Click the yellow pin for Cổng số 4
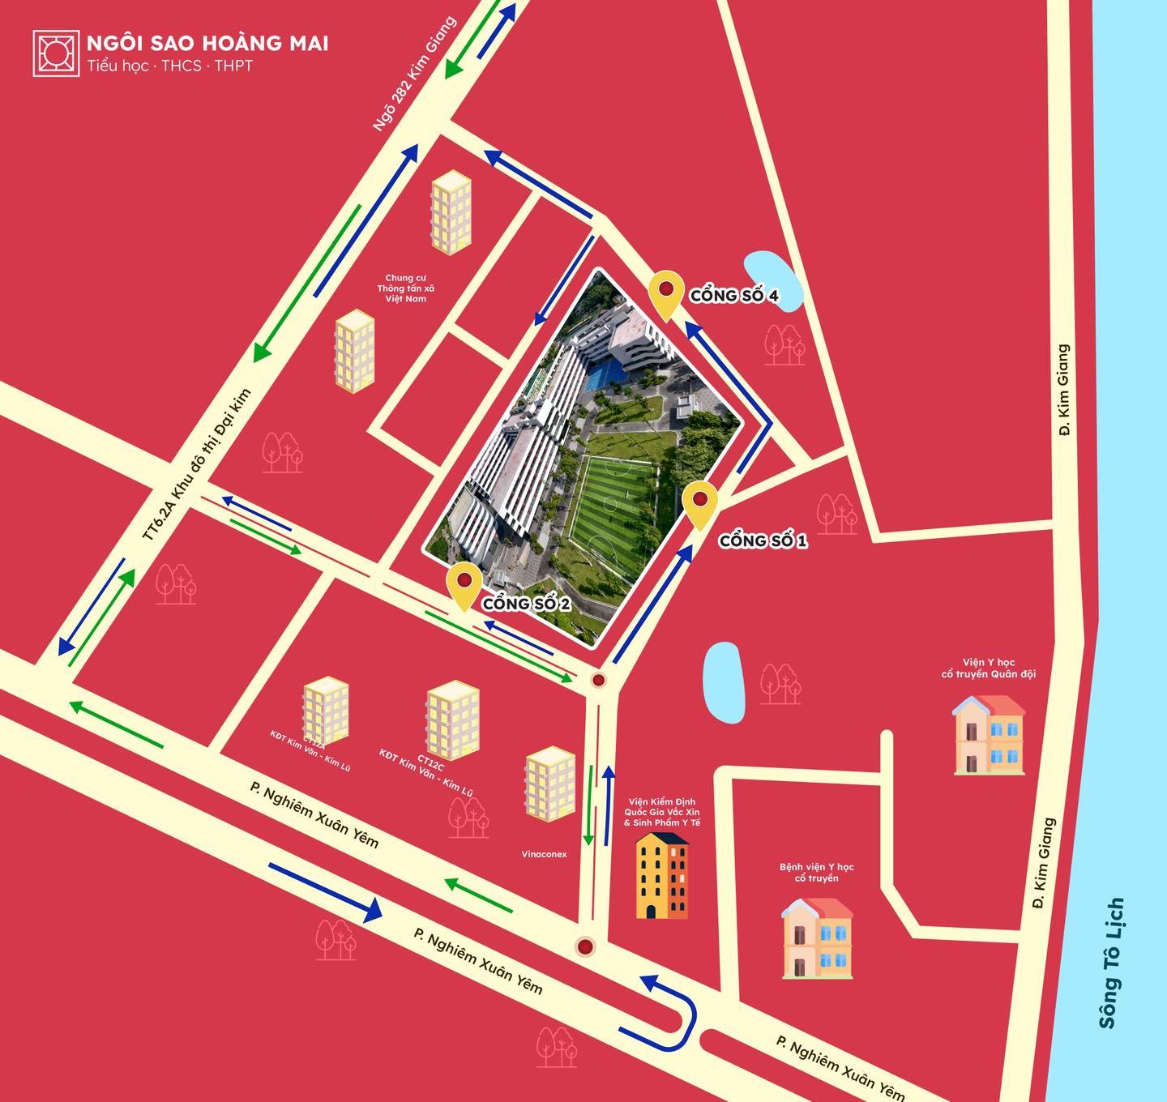pyautogui.click(x=666, y=293)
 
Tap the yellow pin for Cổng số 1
pyautogui.click(x=700, y=503)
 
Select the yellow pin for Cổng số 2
pyautogui.click(x=464, y=585)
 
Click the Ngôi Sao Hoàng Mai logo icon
pyautogui.click(x=56, y=53)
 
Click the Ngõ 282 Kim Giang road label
pyautogui.click(x=414, y=75)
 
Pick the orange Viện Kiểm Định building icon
pyautogui.click(x=662, y=875)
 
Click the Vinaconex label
pyautogui.click(x=545, y=854)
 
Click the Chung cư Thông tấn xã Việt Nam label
pyautogui.click(x=405, y=288)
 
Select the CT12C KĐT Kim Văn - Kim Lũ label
pyautogui.click(x=426, y=774)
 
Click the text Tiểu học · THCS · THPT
pyautogui.click(x=170, y=66)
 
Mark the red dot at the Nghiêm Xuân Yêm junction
pyautogui.click(x=584, y=946)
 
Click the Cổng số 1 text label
pyautogui.click(x=763, y=540)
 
